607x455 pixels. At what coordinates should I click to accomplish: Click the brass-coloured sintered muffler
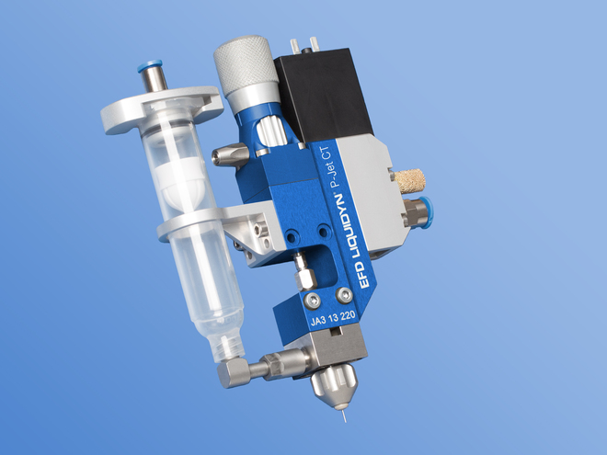pos(409,181)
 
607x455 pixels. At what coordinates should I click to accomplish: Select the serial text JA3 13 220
pos(333,318)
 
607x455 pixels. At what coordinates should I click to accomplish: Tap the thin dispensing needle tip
pos(344,415)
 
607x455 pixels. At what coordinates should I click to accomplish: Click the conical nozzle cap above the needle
pos(334,385)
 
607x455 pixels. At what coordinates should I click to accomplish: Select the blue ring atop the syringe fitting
pos(150,66)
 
